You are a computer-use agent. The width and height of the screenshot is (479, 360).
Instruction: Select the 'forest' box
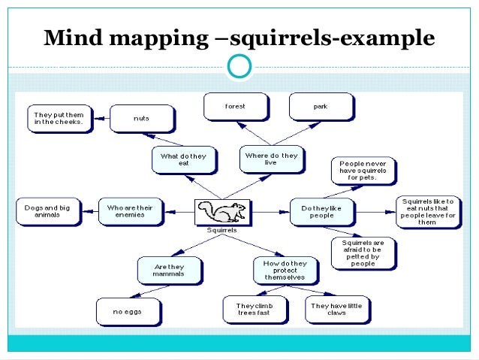pyautogui.click(x=235, y=107)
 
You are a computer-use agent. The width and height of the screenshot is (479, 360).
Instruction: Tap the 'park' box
pyautogui.click(x=320, y=107)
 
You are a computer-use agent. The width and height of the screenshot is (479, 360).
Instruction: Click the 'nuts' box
pyautogui.click(x=141, y=118)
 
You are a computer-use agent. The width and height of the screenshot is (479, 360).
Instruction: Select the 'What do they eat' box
pyautogui.click(x=183, y=159)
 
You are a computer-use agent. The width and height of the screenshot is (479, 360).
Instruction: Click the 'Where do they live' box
pyautogui.click(x=271, y=159)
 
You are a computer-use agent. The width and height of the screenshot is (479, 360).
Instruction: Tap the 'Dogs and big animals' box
pyautogui.click(x=48, y=210)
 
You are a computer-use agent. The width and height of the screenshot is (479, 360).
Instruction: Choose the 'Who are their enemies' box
pyautogui.click(x=131, y=210)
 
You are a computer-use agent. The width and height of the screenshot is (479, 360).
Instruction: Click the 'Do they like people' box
pyautogui.click(x=322, y=211)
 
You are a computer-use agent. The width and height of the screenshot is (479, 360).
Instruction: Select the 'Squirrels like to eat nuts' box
pyautogui.click(x=427, y=211)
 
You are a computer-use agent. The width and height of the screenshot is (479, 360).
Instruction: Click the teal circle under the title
pyautogui.click(x=239, y=67)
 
